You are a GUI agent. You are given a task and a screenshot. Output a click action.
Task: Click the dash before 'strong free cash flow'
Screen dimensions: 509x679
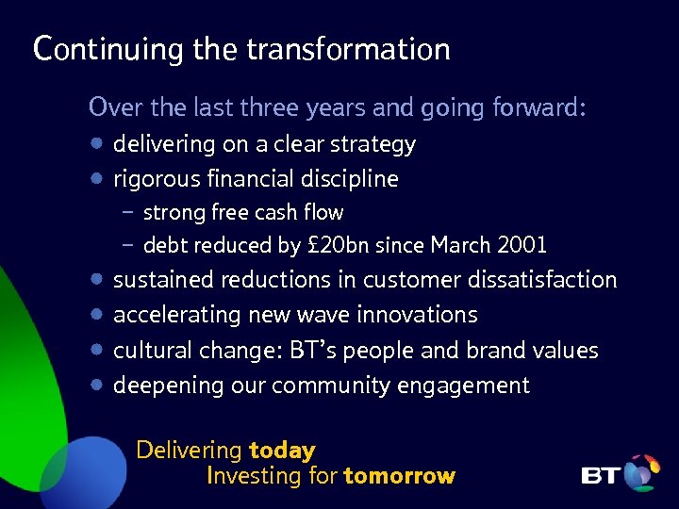pos(127,212)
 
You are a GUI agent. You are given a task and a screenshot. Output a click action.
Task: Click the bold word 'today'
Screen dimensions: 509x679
pos(281,451)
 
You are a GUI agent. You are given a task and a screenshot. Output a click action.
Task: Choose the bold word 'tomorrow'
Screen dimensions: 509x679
pos(399,476)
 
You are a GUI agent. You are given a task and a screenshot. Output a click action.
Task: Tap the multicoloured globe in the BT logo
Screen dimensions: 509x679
pos(642,472)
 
